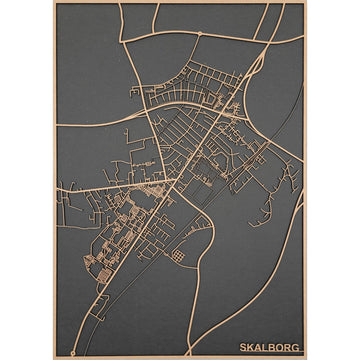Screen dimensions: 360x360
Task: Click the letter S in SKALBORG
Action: pyautogui.click(x=243, y=348)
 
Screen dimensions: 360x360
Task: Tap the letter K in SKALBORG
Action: pyautogui.click(x=251, y=348)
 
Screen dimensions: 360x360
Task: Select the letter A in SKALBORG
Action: pyautogui.click(x=259, y=348)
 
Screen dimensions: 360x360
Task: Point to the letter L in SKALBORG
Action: pyautogui.click(x=267, y=348)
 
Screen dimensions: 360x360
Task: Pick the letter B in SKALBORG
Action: pyautogui.click(x=274, y=348)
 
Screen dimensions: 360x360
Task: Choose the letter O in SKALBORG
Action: pyautogui.click(x=282, y=348)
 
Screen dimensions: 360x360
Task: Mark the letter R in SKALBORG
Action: pyautogui.click(x=291, y=348)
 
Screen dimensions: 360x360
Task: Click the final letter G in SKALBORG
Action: pyautogui.click(x=299, y=348)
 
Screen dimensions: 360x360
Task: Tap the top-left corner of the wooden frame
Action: pyautogui.click(x=53, y=2)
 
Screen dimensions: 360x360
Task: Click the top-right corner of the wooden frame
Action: pyautogui.click(x=307, y=2)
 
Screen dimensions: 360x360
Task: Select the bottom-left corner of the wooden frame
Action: pyautogui.click(x=53, y=357)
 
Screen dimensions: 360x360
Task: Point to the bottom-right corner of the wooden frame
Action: pyautogui.click(x=307, y=357)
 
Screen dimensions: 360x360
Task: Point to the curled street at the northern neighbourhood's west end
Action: pyautogui.click(x=135, y=92)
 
